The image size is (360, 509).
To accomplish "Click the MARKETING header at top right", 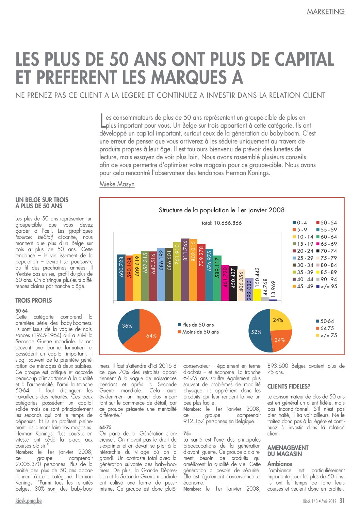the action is click(326, 11).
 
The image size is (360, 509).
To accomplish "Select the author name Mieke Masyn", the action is click(117, 184).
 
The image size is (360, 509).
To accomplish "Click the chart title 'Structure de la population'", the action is click(222, 210).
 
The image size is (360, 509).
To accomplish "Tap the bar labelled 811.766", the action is click(185, 269).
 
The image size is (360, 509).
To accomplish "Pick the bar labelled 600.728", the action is click(121, 277).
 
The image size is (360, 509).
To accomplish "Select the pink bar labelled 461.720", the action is click(225, 283).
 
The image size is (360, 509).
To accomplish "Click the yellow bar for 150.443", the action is click(257, 295).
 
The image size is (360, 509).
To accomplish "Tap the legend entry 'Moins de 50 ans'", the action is click(198, 332).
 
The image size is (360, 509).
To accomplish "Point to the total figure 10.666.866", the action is click(222, 223).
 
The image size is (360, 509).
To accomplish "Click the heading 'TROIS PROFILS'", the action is click(34, 300).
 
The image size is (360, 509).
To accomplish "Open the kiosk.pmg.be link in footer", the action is click(29, 500).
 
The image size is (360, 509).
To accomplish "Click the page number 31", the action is click(342, 500).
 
